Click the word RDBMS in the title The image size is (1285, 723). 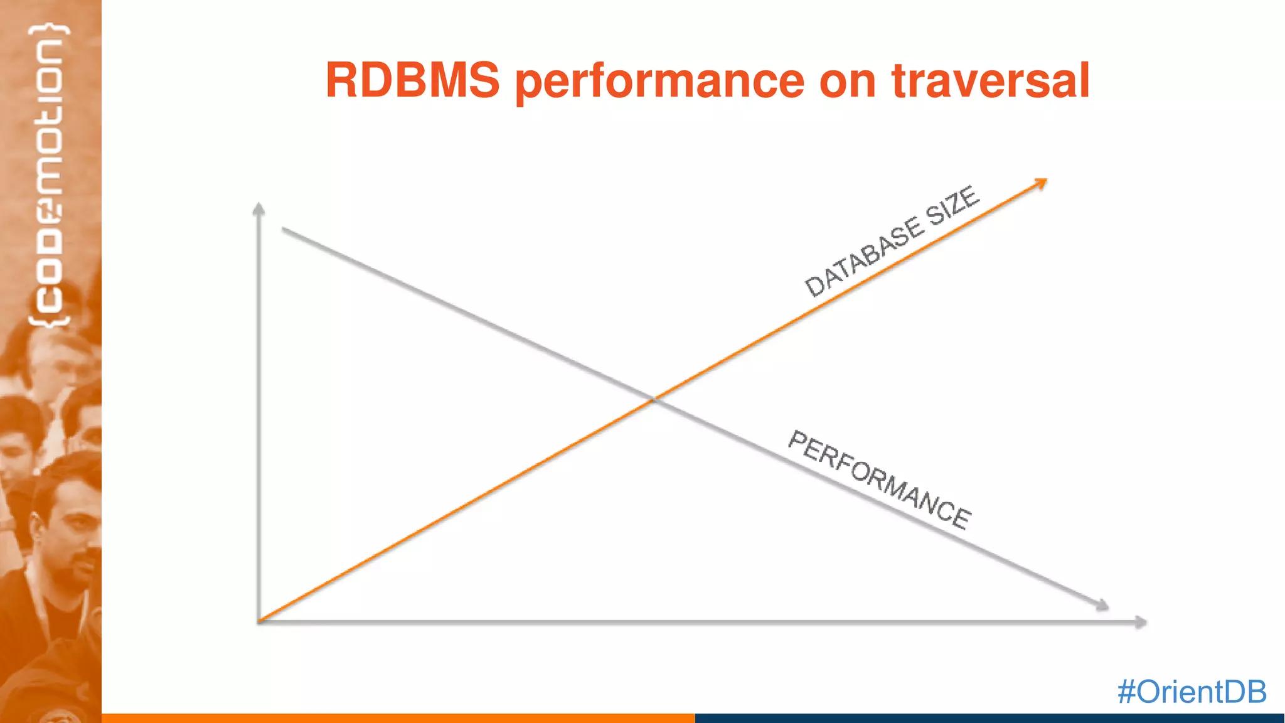point(412,81)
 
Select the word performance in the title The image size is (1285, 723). point(659,82)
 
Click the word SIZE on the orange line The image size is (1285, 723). point(952,205)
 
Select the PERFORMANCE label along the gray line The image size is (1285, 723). point(879,480)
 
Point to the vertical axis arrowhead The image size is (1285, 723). point(259,209)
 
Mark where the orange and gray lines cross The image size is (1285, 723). point(653,399)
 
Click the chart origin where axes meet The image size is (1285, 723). point(259,621)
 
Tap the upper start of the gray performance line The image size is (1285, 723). point(284,230)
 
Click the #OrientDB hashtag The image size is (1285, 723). point(1192,692)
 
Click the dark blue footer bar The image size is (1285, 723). point(989,718)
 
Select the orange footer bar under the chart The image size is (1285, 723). point(398,718)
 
